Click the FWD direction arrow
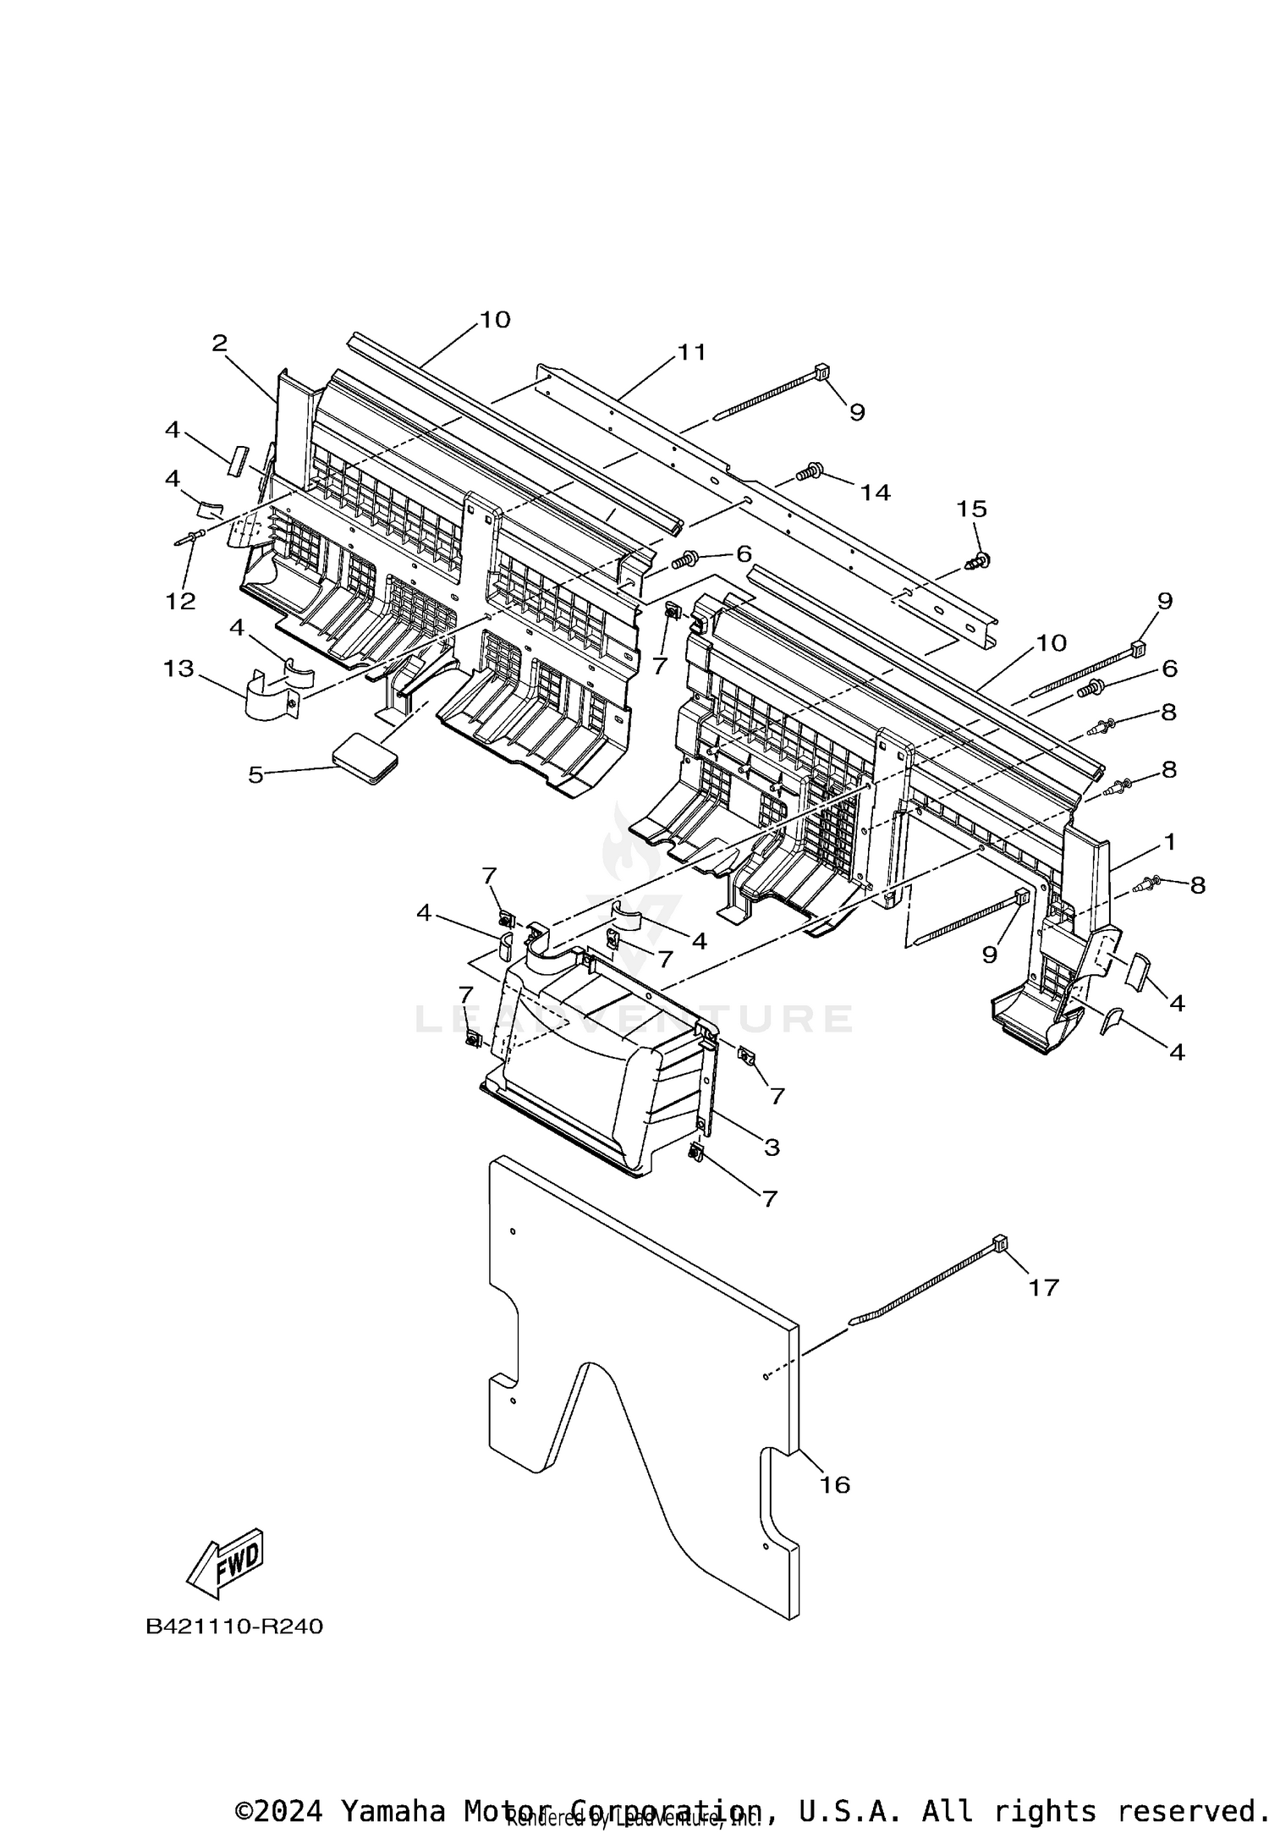(225, 1564)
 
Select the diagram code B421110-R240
(234, 1627)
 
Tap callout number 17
(1043, 1287)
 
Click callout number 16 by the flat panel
(835, 1484)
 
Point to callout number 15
(972, 509)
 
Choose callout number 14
(876, 492)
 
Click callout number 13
(179, 669)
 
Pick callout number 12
(180, 601)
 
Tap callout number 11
(691, 351)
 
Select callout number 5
(255, 774)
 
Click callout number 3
(771, 1148)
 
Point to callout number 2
(220, 343)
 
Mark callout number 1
(1169, 841)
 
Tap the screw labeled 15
(979, 561)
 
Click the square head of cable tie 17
(1000, 1243)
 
